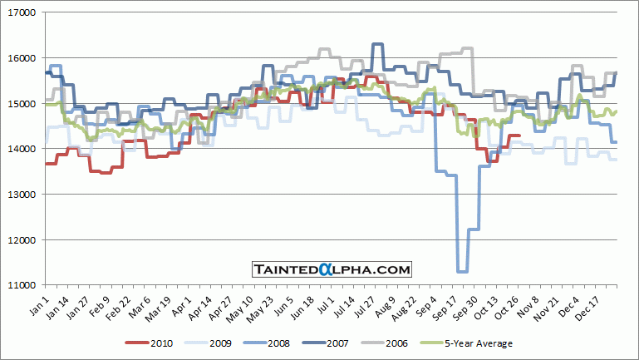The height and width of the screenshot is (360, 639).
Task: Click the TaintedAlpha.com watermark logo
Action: (332, 269)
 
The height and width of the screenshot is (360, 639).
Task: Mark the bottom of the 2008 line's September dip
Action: (463, 271)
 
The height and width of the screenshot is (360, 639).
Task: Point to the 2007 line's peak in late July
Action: (377, 44)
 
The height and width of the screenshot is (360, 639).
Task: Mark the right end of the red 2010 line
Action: (520, 136)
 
